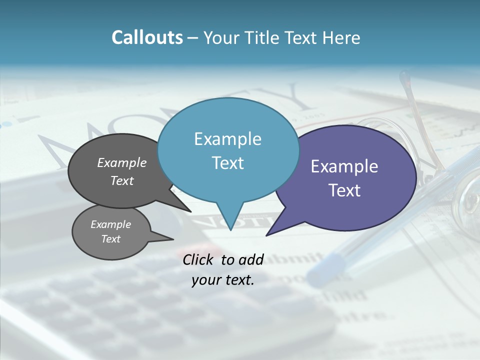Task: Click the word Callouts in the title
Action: [x=147, y=37]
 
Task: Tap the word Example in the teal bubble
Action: [x=227, y=139]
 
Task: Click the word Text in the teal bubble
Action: [x=227, y=163]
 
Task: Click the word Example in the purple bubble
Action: [x=344, y=166]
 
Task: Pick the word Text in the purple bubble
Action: [x=344, y=190]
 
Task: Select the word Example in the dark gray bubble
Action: [x=122, y=162]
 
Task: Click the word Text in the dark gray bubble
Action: [x=122, y=180]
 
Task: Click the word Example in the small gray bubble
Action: [x=110, y=224]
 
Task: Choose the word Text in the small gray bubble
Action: [x=110, y=239]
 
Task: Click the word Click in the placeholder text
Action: [x=198, y=259]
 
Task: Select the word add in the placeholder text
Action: [x=251, y=259]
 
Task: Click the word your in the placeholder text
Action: [x=205, y=280]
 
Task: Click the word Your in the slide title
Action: [x=219, y=38]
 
